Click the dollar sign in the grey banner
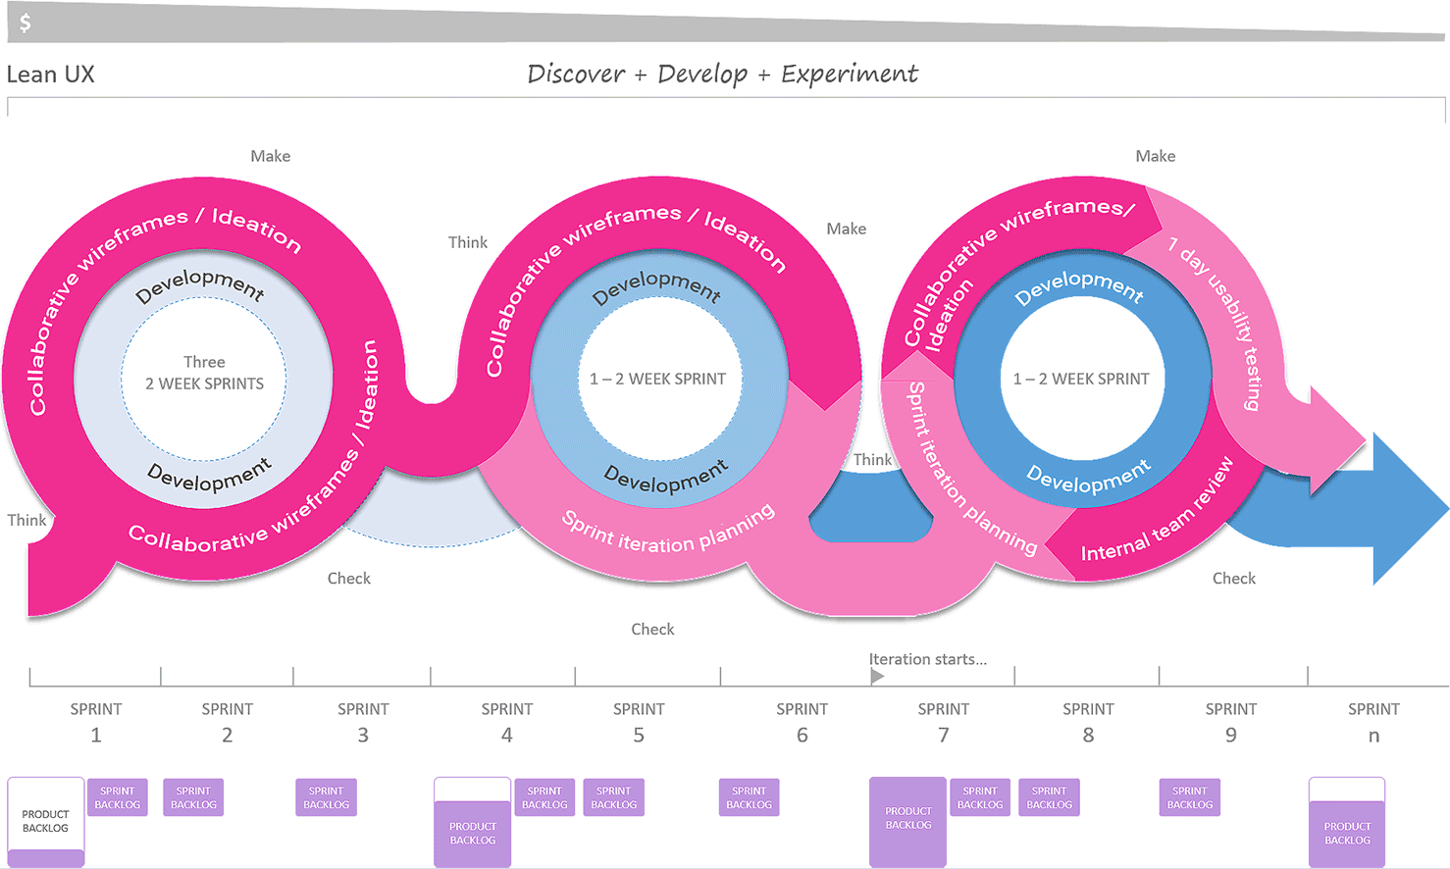(x=25, y=23)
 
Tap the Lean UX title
(x=50, y=75)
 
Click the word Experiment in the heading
(x=850, y=75)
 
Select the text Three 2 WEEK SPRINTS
(x=205, y=373)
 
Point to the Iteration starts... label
(x=928, y=659)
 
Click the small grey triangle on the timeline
(x=877, y=676)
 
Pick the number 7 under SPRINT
(x=943, y=735)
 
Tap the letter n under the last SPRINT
(x=1373, y=737)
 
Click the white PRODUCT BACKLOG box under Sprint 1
(x=45, y=821)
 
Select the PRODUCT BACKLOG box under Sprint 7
(x=907, y=821)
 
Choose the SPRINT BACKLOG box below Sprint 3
(x=327, y=797)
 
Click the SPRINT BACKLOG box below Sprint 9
(x=1190, y=797)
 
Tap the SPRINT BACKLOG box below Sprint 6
(x=749, y=797)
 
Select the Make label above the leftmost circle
(x=271, y=156)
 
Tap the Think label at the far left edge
(x=26, y=520)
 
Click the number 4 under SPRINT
(x=507, y=735)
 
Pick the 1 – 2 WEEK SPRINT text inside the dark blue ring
(x=1081, y=379)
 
